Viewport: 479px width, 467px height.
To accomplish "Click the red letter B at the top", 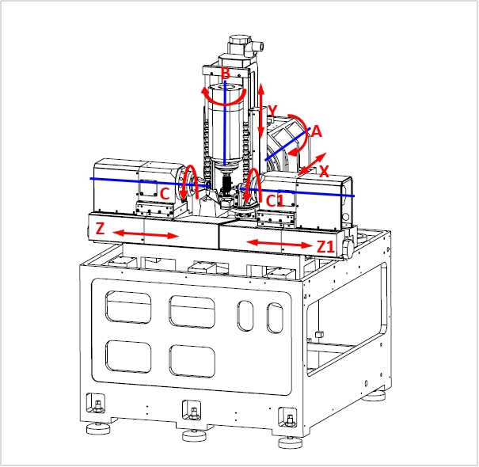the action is pyautogui.click(x=226, y=74).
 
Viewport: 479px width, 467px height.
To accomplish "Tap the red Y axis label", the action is pyautogui.click(x=273, y=111).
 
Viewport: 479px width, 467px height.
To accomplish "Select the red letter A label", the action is pyautogui.click(x=317, y=132).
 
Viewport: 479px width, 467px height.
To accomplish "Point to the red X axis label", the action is pyautogui.click(x=324, y=171).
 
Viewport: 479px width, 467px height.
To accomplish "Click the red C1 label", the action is pyautogui.click(x=275, y=201).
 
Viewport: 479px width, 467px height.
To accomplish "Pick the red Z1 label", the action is pyautogui.click(x=325, y=247).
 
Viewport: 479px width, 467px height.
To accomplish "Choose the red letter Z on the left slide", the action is pyautogui.click(x=101, y=229).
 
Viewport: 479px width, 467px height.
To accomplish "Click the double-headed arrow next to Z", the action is pyautogui.click(x=146, y=234).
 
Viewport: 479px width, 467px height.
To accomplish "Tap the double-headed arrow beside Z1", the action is pyautogui.click(x=279, y=244).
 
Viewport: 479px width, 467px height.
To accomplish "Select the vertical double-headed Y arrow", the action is pyautogui.click(x=261, y=111).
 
